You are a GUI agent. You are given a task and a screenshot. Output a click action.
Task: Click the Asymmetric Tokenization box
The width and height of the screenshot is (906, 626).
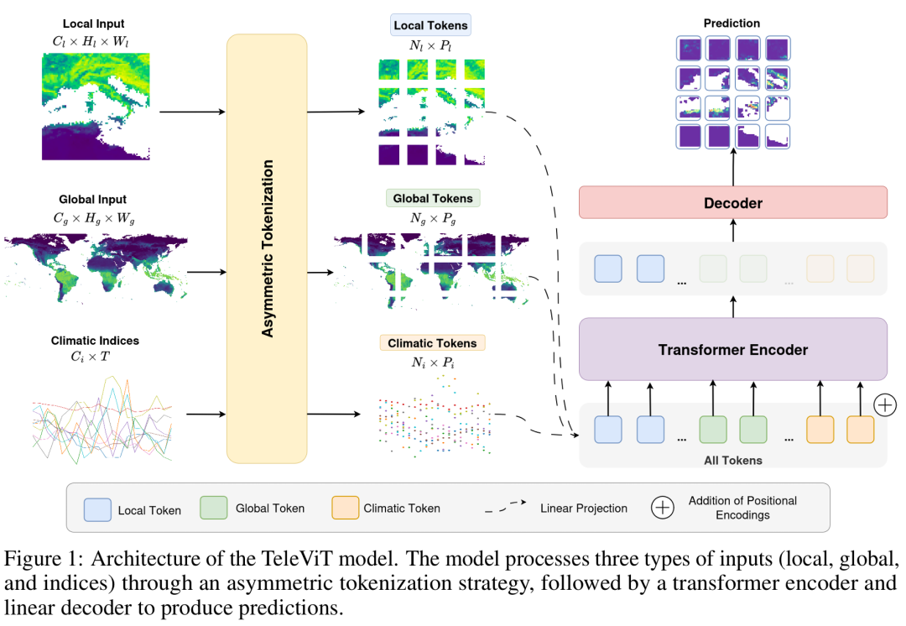tap(267, 248)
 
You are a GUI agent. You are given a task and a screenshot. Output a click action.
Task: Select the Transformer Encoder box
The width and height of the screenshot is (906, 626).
tap(732, 349)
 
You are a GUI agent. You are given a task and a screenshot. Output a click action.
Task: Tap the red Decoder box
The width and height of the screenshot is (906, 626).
tap(732, 203)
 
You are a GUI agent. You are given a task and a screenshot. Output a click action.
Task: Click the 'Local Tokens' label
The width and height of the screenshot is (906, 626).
tap(431, 26)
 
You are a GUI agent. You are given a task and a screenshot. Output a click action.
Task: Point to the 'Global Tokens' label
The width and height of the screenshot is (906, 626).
tap(433, 199)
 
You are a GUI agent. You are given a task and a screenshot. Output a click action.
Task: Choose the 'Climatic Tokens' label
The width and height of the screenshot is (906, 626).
tap(432, 343)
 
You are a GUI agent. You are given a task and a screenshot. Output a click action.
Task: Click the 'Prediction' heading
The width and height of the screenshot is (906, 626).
tap(732, 23)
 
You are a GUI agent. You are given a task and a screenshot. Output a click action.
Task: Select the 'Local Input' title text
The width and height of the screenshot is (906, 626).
tap(95, 24)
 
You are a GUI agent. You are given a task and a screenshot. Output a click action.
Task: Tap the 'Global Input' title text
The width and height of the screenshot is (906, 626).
tap(93, 200)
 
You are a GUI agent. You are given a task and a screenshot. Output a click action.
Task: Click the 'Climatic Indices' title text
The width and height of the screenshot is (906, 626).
tap(95, 341)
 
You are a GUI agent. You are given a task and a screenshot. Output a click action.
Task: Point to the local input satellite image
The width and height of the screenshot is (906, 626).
tap(96, 106)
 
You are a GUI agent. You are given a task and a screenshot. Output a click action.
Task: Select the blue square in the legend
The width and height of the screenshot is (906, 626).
tap(97, 509)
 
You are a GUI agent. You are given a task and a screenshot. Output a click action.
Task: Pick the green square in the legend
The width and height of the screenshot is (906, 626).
tap(214, 508)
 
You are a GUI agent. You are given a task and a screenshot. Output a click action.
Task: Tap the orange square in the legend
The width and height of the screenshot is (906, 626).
tap(345, 508)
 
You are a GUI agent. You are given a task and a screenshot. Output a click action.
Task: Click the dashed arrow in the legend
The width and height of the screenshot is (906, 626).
tap(506, 508)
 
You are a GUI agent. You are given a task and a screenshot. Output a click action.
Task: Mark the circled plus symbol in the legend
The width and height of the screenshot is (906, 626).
tap(663, 508)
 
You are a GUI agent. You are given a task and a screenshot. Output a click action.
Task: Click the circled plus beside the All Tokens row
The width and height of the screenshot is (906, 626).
tap(886, 405)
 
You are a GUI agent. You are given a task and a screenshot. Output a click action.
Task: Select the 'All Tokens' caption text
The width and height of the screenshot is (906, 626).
tap(732, 460)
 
